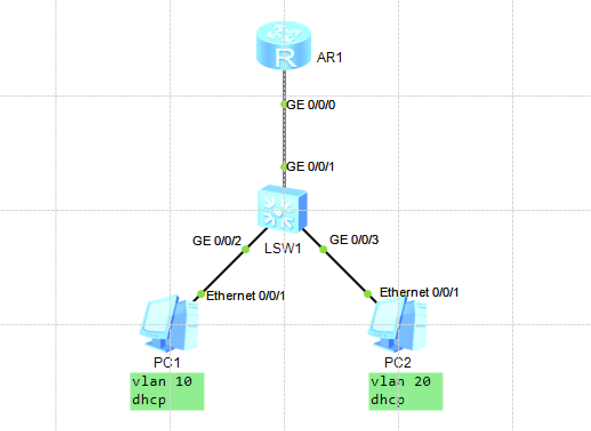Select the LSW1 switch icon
282,211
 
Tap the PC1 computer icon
169,323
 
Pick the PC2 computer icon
399,323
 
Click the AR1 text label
329,57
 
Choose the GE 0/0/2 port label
214,241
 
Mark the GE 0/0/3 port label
355,240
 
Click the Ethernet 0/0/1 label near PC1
246,296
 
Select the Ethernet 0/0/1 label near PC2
420,293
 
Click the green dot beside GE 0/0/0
284,105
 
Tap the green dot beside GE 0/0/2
246,250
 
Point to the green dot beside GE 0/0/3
323,250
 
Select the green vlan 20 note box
406,391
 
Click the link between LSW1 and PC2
345,272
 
